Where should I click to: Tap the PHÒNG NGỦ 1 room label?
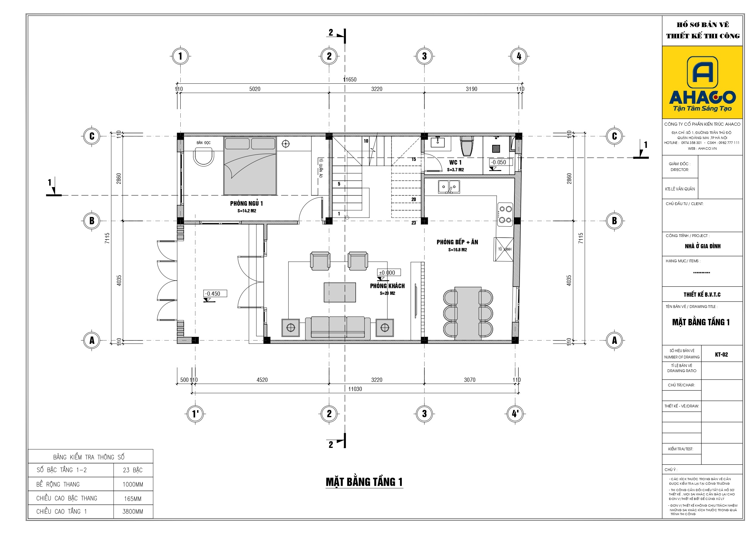[246, 203]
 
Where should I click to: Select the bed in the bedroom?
[250, 166]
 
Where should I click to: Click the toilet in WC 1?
[467, 146]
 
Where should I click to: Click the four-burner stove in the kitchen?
[505, 214]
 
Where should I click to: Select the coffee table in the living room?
[340, 292]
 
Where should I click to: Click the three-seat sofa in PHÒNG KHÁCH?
[338, 327]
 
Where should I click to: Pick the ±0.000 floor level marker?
[388, 272]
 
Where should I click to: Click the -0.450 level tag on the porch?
[215, 294]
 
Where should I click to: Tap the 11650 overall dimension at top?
[350, 79]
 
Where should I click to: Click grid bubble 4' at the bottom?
[515, 414]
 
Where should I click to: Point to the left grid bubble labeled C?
[92, 136]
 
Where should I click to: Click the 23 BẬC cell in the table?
[133, 470]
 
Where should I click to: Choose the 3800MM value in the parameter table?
[133, 511]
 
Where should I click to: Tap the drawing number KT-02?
[721, 354]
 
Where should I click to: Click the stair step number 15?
[413, 159]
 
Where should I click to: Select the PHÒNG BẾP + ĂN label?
[457, 242]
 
